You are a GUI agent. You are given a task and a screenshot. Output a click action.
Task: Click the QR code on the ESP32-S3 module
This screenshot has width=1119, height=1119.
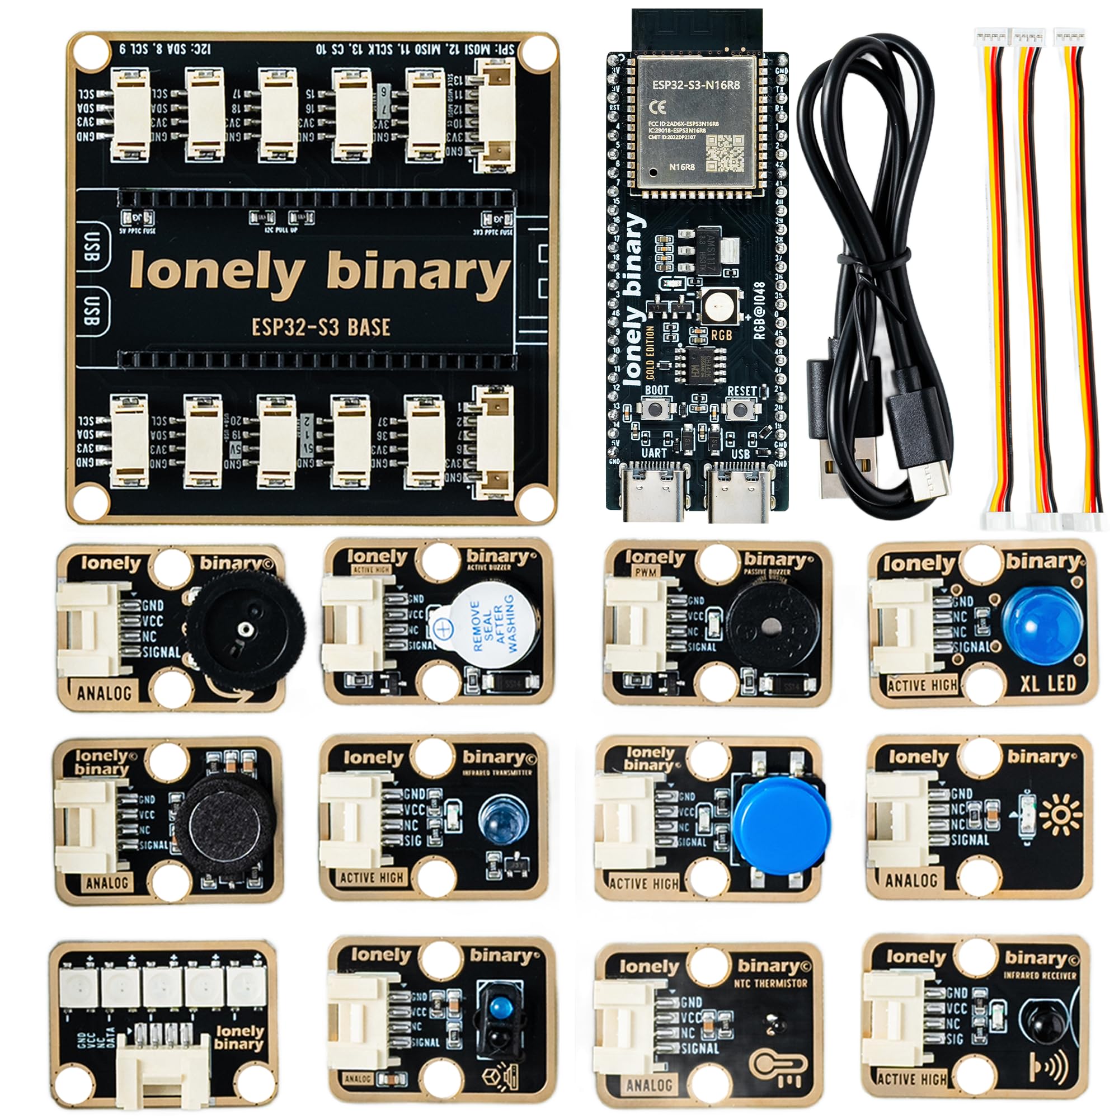point(725,151)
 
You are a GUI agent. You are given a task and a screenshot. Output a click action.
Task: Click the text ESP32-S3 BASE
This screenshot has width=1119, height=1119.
point(321,327)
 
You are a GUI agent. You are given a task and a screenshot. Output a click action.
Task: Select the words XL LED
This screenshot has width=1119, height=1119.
point(1048,684)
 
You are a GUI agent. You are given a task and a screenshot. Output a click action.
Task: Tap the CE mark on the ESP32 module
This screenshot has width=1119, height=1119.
point(659,106)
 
